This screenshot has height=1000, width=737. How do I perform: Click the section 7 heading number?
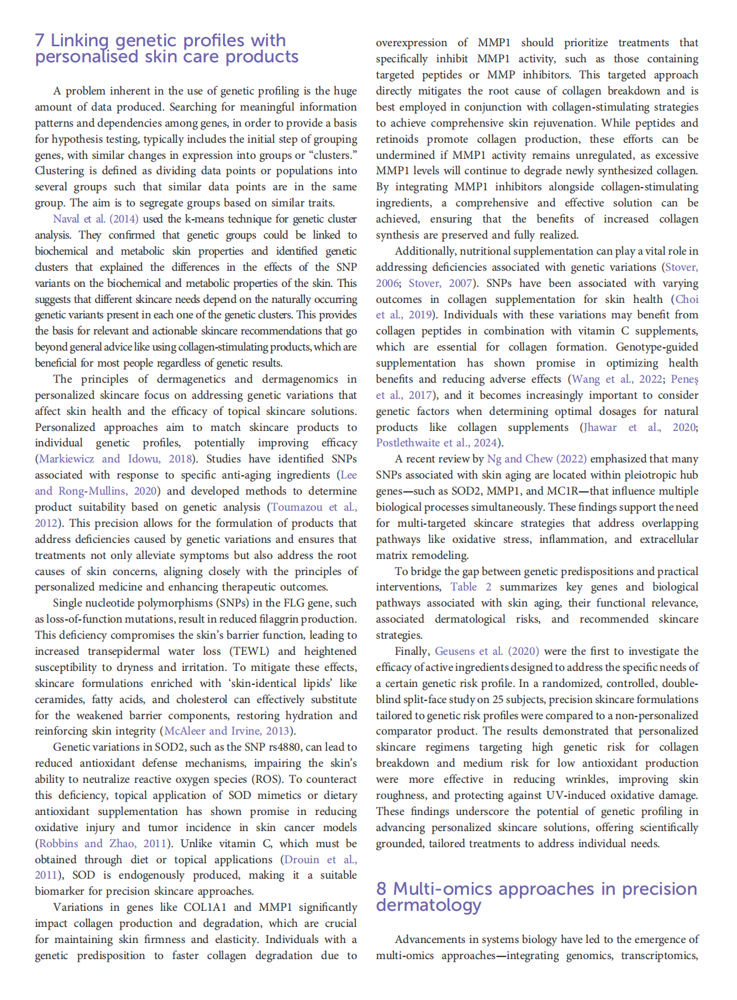(40, 41)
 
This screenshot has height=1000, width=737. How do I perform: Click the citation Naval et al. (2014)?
(96, 219)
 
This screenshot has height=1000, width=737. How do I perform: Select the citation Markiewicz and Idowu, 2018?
(115, 459)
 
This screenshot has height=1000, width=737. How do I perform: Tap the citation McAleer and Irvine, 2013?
(227, 731)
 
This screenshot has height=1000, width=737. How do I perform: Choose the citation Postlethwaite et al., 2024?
(436, 443)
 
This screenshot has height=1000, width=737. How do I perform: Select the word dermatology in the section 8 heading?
(429, 905)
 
